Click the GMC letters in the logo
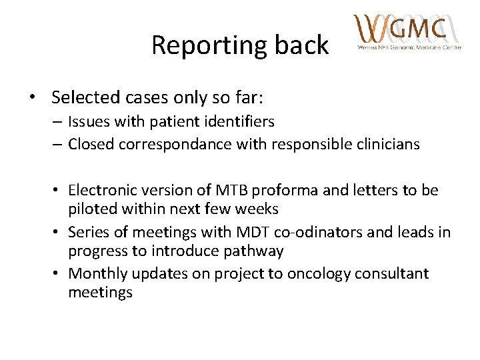click(x=417, y=28)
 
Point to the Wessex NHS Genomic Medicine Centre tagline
click(x=409, y=48)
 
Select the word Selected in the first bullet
click(x=82, y=97)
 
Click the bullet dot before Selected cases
click(x=33, y=97)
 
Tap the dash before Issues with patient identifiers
click(x=59, y=122)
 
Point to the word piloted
click(x=91, y=209)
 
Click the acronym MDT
click(x=247, y=232)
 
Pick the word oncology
click(x=317, y=273)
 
